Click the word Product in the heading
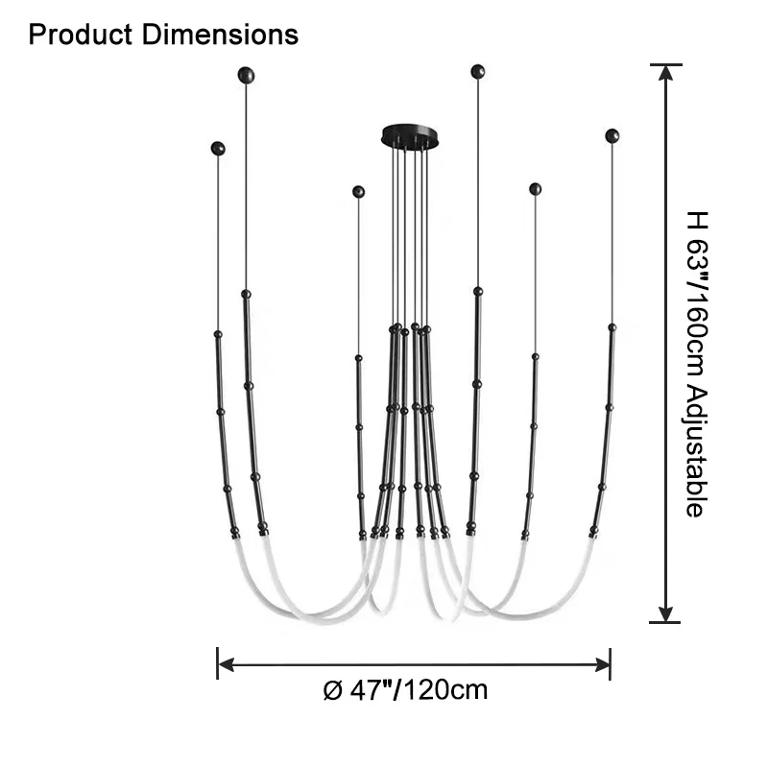pos(81,35)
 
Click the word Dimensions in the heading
pos(220,35)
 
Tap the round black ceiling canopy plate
pos(410,135)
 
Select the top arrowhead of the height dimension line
pos(665,73)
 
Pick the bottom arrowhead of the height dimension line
pos(665,613)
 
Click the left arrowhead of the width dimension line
pos(226,664)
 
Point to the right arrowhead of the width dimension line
pos(602,664)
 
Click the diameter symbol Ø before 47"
pos(332,690)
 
